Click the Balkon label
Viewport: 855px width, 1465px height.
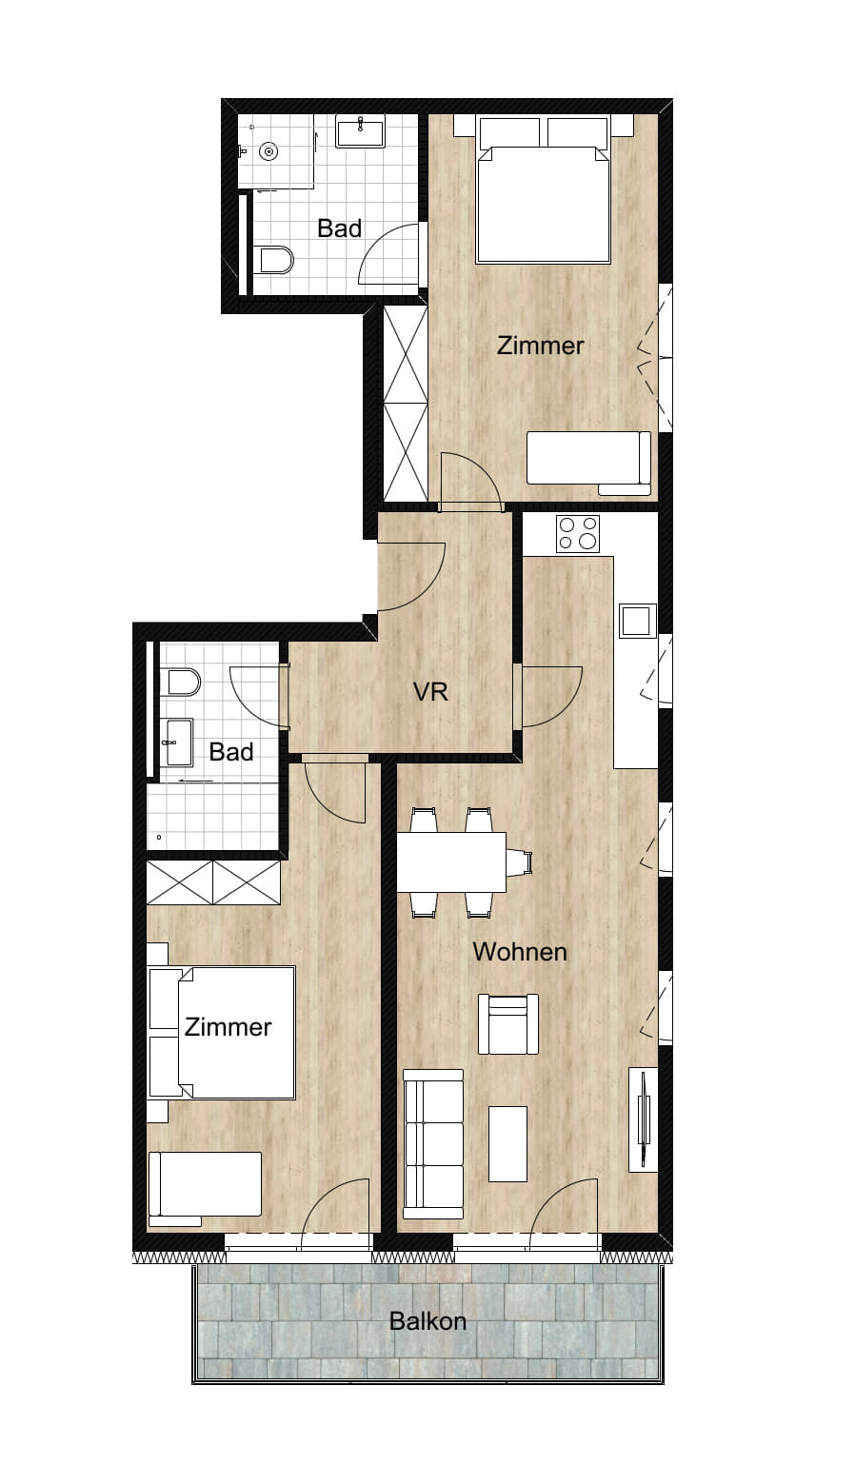(x=427, y=1320)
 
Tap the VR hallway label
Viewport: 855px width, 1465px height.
(x=430, y=691)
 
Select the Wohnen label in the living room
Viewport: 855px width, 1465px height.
(x=520, y=952)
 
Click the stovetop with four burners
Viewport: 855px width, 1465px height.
(x=578, y=533)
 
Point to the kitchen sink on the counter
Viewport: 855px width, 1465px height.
(x=638, y=620)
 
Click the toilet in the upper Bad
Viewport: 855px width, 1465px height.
(x=275, y=260)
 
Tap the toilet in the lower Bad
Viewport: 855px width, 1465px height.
(x=184, y=683)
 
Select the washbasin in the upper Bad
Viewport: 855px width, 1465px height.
(x=361, y=130)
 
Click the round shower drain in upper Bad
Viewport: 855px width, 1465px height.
(x=268, y=151)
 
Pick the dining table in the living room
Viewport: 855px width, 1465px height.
(x=451, y=862)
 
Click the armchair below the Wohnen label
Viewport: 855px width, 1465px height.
(x=508, y=1023)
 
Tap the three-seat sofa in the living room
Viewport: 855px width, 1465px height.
(x=433, y=1144)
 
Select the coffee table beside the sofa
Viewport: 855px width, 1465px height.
(x=507, y=1144)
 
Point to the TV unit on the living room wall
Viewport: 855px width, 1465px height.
(x=643, y=1119)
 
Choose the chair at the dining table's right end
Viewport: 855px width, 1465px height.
(x=520, y=862)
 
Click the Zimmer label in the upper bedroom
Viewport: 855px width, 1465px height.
(x=541, y=346)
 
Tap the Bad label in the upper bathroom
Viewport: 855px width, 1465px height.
(x=340, y=228)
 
